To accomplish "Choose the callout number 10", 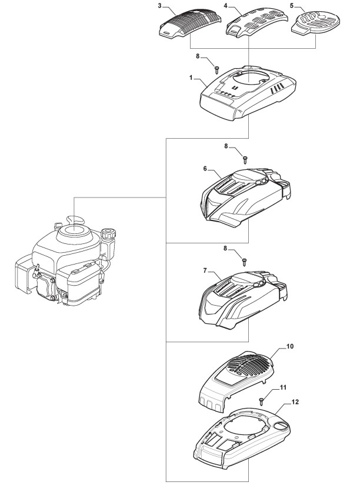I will pos(289,347).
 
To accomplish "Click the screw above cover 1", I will pos(217,69).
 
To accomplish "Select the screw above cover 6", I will pos(245,158).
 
